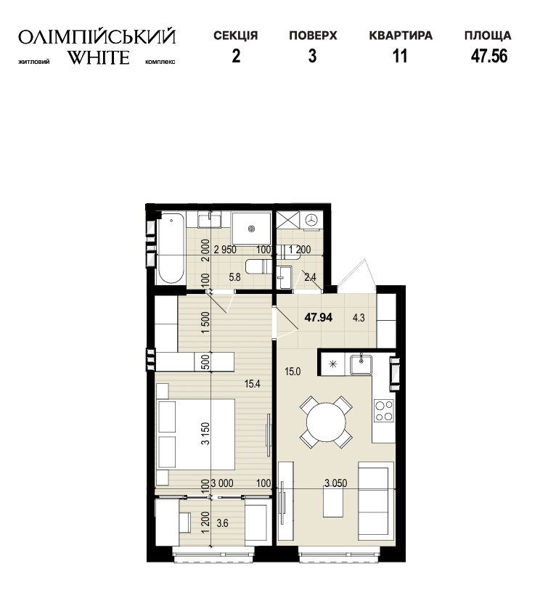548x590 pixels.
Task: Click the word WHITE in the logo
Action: pos(99,57)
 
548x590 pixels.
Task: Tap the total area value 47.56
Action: pos(489,56)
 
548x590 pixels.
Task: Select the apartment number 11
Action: pos(400,56)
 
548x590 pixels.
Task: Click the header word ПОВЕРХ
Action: pos(313,36)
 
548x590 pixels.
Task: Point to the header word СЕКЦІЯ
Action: pos(236,36)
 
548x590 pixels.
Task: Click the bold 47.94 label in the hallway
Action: pos(319,318)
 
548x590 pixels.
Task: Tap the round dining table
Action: pos(326,422)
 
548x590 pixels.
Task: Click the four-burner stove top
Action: pos(383,411)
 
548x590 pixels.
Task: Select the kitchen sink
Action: pos(361,364)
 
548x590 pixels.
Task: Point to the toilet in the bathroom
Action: pos(258,266)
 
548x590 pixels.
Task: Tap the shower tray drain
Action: pos(251,228)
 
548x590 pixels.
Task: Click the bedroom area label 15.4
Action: pos(252,384)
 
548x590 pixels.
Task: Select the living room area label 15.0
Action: pos(293,372)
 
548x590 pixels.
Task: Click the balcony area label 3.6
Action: pos(222,523)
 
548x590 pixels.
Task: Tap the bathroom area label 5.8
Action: pos(234,277)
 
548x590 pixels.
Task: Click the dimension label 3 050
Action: pos(336,483)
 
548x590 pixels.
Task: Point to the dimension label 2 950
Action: pos(225,250)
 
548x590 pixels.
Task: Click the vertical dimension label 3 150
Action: pos(205,433)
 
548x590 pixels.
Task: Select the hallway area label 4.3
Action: pos(359,318)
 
